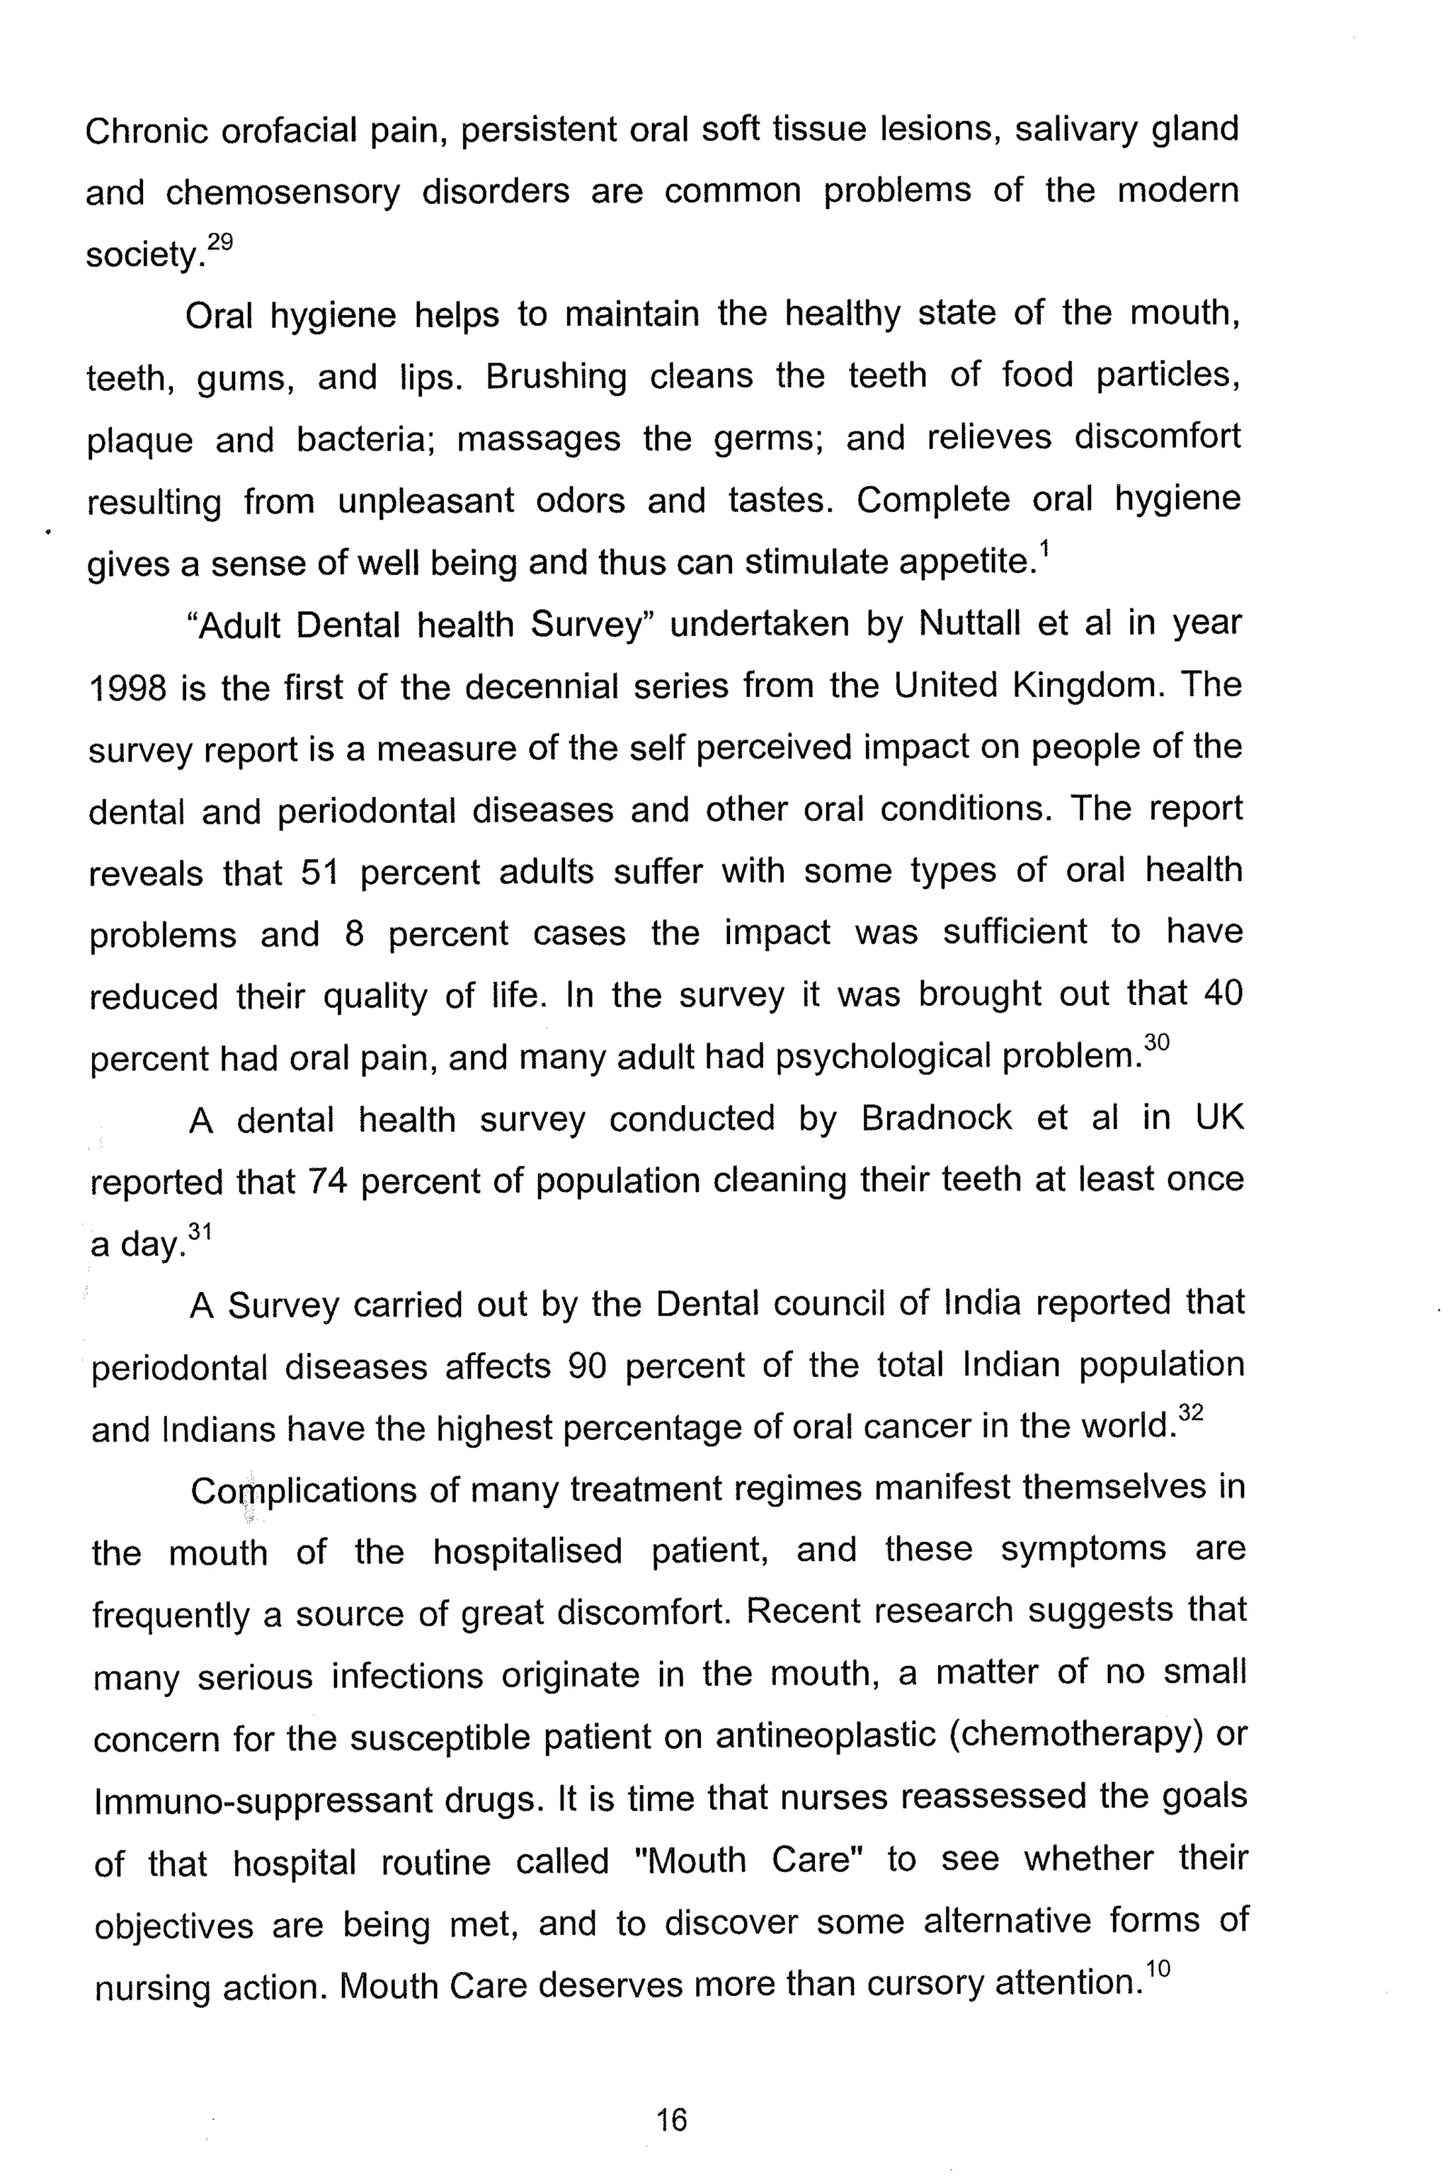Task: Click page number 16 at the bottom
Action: point(671,2119)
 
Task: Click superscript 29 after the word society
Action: point(220,242)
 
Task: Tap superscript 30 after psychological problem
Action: point(1157,1043)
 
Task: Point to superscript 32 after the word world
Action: point(1191,1413)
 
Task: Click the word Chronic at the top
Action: point(146,131)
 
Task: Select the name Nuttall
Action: point(970,625)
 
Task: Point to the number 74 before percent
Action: point(326,1181)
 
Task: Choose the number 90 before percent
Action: point(586,1366)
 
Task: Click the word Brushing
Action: point(556,378)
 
